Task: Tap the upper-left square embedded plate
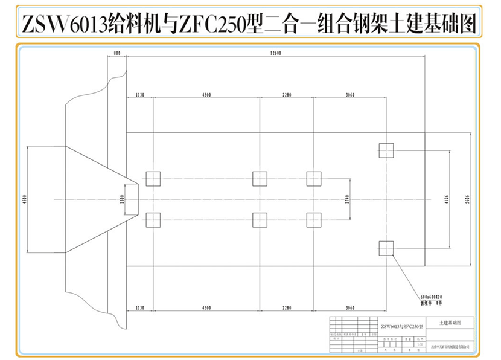pyautogui.click(x=153, y=178)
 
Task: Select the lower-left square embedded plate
pyautogui.click(x=153, y=219)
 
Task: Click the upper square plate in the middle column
pyautogui.click(x=260, y=178)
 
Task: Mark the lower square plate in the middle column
pyautogui.click(x=260, y=219)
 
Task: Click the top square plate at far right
pyautogui.click(x=386, y=150)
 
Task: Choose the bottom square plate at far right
pyautogui.click(x=386, y=247)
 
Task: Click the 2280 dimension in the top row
pyautogui.click(x=287, y=95)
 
